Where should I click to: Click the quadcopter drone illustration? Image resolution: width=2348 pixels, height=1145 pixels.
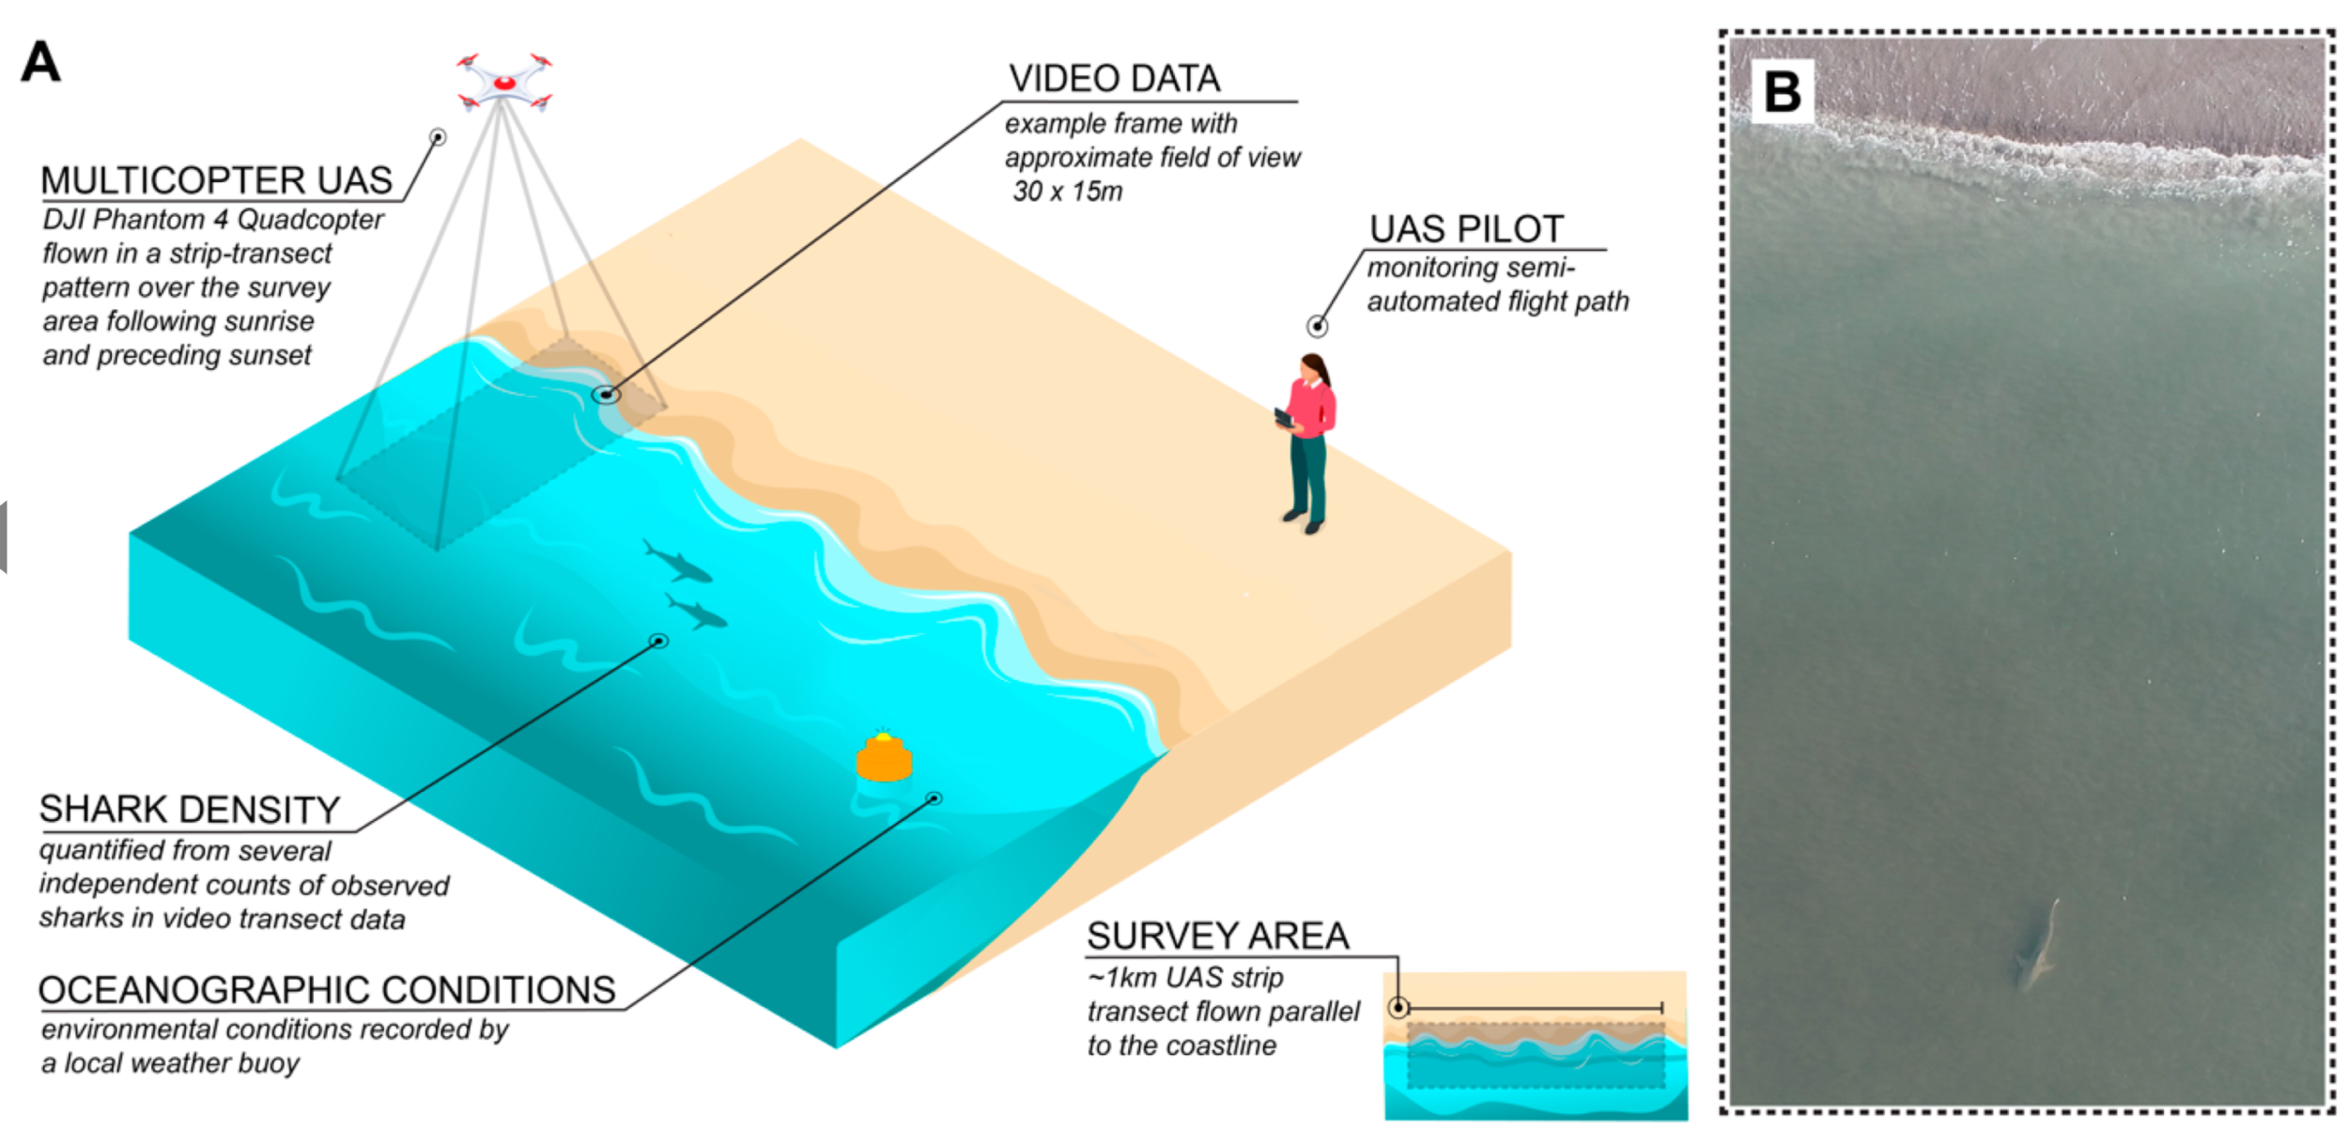tap(504, 83)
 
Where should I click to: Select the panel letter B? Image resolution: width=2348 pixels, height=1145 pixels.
tap(1782, 91)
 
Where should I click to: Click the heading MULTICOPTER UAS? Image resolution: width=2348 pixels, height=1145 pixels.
tap(216, 180)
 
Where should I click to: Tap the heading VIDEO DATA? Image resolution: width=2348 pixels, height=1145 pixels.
tap(1114, 79)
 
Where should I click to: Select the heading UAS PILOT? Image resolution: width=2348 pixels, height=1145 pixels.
tap(1466, 228)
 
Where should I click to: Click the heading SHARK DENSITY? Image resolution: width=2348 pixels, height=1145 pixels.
tap(189, 809)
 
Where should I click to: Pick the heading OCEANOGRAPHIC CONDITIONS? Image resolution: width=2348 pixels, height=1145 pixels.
tap(326, 990)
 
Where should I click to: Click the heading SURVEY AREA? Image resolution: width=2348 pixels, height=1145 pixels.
tap(1217, 936)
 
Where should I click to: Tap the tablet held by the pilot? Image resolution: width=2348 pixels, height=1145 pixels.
tap(1284, 417)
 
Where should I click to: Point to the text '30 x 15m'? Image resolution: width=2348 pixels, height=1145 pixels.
tap(1067, 192)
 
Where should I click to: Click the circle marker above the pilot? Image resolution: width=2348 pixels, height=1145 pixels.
tap(1317, 326)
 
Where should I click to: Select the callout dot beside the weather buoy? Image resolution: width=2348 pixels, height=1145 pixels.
tap(934, 798)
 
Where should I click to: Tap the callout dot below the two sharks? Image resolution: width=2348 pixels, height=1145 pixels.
tap(659, 641)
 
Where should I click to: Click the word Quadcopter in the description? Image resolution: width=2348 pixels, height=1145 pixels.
tap(310, 220)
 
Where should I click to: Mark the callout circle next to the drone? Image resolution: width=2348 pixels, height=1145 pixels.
tap(438, 137)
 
